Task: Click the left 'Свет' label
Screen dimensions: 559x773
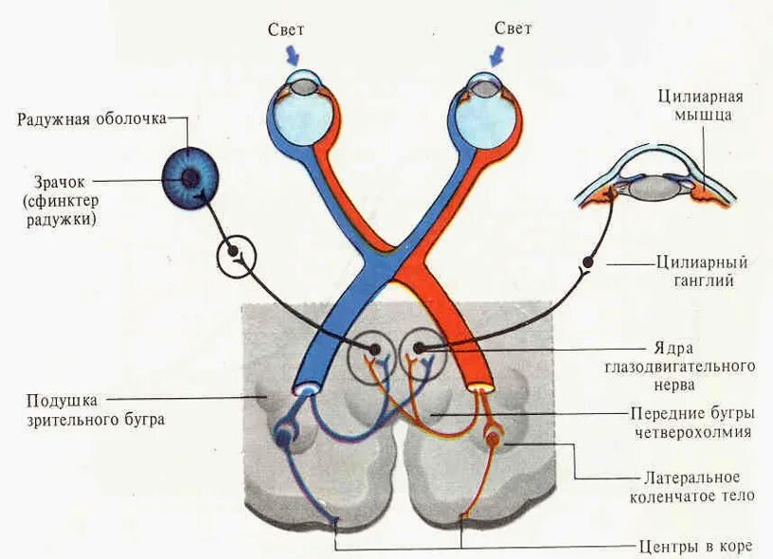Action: pos(286,29)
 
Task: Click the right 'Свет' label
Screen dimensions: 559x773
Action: pos(512,29)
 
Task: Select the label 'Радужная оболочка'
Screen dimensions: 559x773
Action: pos(92,119)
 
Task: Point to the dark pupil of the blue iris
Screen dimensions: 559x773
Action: pos(190,177)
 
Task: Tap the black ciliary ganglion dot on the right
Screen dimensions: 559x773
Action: pos(589,261)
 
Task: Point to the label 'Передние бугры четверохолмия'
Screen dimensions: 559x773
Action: pos(692,423)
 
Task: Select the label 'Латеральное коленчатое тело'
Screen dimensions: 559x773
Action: pos(692,486)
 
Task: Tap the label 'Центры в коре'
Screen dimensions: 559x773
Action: pos(696,546)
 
